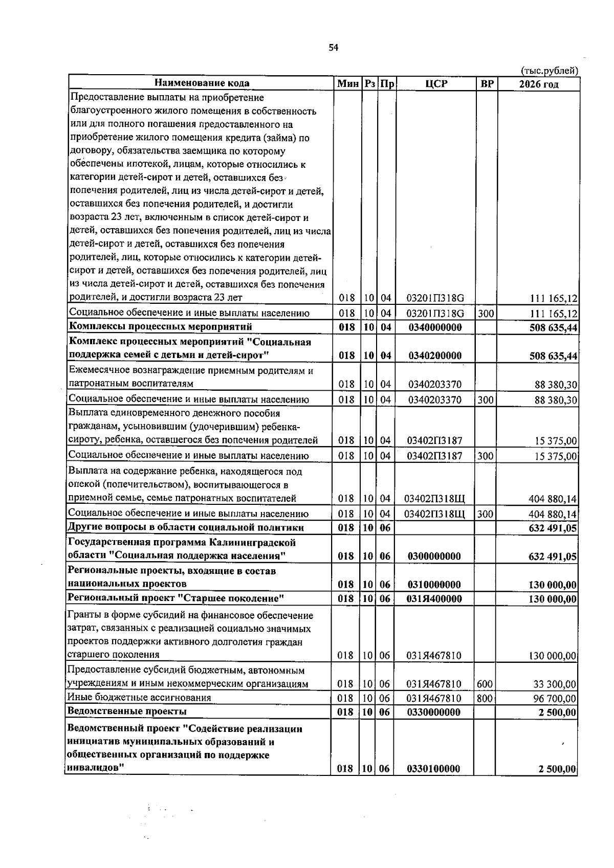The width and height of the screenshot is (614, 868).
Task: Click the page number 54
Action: [x=333, y=48]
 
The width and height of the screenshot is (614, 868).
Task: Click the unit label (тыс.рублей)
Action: [x=549, y=71]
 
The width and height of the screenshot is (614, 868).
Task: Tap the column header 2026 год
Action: [x=539, y=84]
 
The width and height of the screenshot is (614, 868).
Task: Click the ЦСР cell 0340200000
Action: [x=435, y=355]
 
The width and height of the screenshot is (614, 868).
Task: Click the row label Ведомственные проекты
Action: [x=127, y=711]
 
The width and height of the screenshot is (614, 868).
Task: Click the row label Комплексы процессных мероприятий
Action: [x=160, y=326]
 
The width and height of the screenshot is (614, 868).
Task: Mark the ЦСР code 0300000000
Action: [x=434, y=557]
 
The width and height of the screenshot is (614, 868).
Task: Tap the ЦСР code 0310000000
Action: [x=434, y=585]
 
